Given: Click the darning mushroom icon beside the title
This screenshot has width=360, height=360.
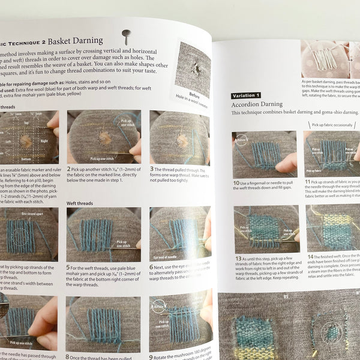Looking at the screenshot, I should tap(126, 35).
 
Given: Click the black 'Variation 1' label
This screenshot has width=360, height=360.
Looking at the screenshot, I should tap(246, 95).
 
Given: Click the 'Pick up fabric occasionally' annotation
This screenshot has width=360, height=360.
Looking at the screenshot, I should tap(332, 125).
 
